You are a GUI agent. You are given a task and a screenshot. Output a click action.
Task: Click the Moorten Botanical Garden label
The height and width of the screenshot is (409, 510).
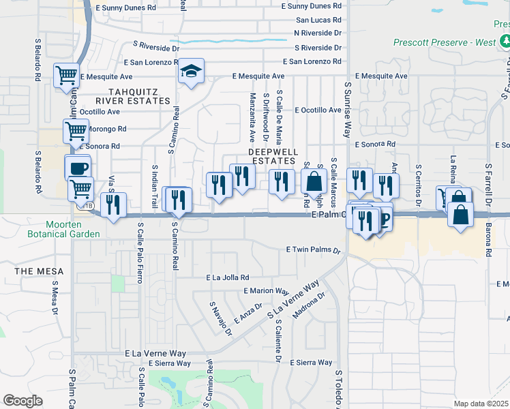tap(73, 229)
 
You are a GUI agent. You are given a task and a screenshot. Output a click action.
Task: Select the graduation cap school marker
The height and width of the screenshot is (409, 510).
tap(191, 71)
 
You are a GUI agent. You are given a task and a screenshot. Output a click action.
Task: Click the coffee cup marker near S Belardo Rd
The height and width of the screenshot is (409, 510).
tap(79, 168)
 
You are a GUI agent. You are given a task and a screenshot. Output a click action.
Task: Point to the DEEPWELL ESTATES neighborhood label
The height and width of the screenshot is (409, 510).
tap(272, 155)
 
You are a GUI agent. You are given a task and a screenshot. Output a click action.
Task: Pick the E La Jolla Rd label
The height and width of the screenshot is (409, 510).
tap(228, 277)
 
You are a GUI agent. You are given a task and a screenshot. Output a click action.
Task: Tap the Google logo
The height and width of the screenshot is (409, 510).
tap(22, 400)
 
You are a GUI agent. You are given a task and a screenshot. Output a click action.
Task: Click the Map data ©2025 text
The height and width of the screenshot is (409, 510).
tap(480, 404)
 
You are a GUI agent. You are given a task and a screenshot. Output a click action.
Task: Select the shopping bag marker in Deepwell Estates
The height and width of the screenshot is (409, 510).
tap(313, 182)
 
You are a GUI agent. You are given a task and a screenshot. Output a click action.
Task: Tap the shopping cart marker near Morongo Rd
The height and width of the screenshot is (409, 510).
tap(76, 130)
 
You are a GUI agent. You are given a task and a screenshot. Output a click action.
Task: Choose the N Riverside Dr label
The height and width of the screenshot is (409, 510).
tap(318, 33)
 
